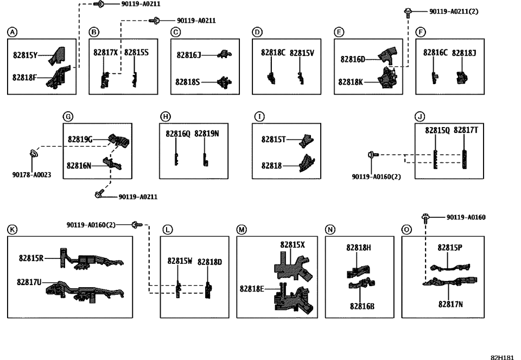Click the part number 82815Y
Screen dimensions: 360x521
click(x=25, y=54)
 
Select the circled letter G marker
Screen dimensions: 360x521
click(x=68, y=116)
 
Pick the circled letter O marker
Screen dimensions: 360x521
click(x=406, y=229)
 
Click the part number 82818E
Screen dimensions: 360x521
click(x=252, y=288)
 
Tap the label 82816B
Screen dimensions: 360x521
click(x=362, y=306)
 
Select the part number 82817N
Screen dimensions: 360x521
click(x=450, y=304)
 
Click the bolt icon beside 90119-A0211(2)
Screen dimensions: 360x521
click(x=408, y=10)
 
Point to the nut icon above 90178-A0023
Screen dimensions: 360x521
click(x=33, y=154)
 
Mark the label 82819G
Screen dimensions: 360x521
click(x=80, y=140)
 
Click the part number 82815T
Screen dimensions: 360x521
click(x=274, y=140)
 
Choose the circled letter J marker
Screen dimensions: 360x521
click(x=420, y=116)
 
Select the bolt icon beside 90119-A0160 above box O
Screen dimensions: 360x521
click(x=425, y=218)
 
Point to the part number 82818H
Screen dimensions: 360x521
click(x=359, y=248)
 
